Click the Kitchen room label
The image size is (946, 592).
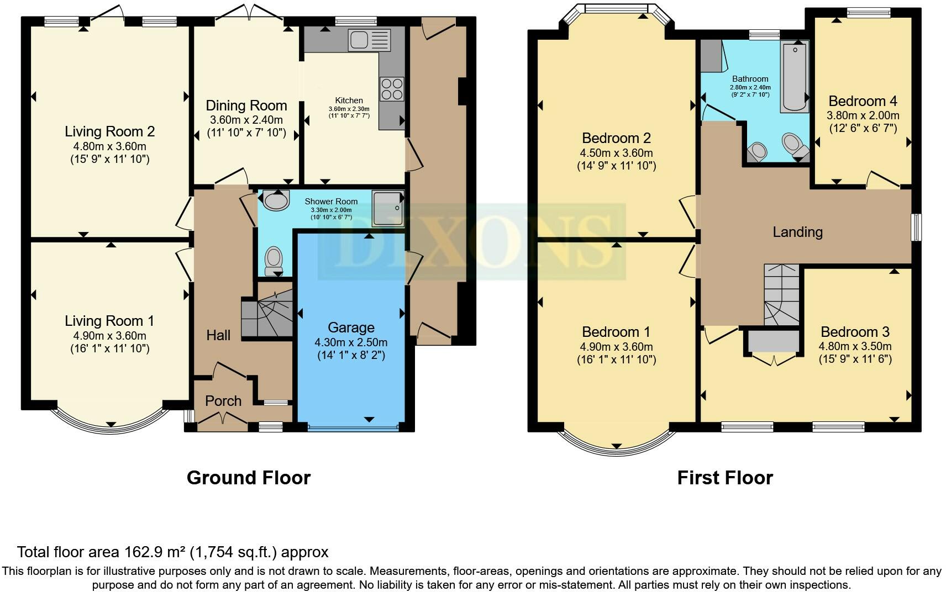349,101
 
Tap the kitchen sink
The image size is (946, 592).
369,40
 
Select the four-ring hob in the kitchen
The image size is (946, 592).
391,89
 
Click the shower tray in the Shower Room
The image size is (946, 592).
388,208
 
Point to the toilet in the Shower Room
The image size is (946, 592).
274,261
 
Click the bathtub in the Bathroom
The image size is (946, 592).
795,77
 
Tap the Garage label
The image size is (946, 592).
351,327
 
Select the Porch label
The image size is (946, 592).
223,400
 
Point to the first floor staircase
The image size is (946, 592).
781,294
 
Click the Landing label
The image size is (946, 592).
797,231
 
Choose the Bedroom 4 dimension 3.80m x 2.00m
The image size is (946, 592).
863,115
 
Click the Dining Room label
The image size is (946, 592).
246,105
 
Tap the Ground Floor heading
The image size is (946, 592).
248,478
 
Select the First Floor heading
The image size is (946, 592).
725,478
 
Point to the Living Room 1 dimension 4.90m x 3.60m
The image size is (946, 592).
110,336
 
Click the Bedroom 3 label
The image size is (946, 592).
855,332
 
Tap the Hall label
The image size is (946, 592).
218,335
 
